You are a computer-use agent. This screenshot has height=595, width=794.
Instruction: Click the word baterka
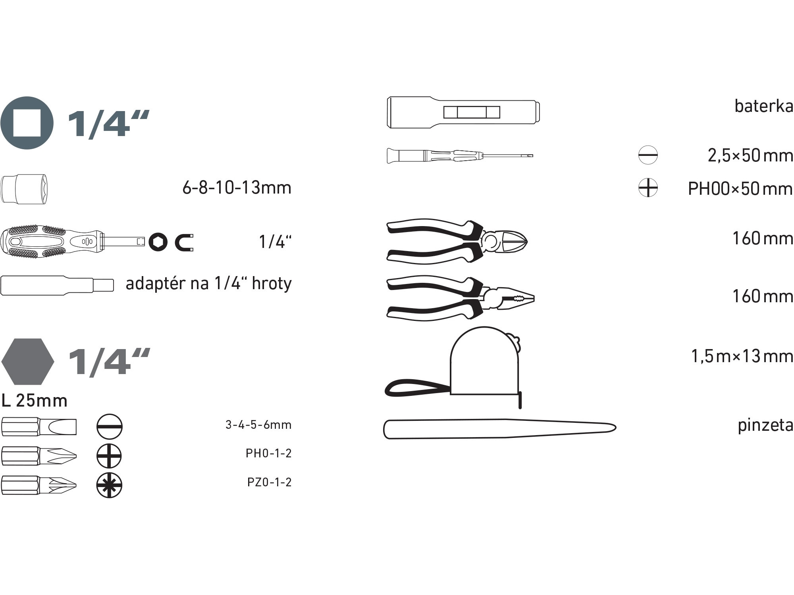click(x=763, y=106)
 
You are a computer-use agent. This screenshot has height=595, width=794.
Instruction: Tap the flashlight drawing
click(x=463, y=112)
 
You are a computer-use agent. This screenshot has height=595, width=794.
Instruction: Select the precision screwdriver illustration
click(x=460, y=155)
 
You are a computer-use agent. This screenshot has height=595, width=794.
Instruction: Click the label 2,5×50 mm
click(x=750, y=155)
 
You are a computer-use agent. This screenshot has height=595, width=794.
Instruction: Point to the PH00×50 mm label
click(x=740, y=188)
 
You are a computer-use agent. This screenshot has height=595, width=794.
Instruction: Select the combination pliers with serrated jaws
click(x=461, y=298)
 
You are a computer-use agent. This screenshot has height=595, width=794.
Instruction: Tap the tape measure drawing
click(x=453, y=367)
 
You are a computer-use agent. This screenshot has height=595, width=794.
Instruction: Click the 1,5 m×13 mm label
click(x=742, y=356)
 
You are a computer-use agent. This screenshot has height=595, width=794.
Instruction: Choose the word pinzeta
click(x=765, y=425)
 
